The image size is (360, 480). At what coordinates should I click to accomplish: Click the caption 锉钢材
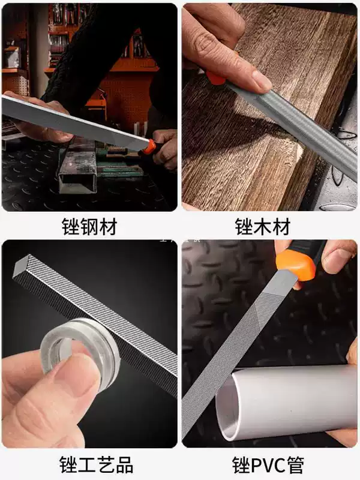pos(89,227)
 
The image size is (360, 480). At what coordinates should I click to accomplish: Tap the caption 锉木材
pos(262,227)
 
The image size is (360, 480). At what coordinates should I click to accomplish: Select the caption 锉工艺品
pos(96,464)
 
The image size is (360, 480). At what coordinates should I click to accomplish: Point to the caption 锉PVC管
pos(268,465)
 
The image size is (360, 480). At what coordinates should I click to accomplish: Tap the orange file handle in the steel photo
pos(149,146)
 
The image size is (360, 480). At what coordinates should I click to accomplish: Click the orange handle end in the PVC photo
pos(296,264)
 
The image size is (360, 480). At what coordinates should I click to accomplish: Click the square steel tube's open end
pos(77,183)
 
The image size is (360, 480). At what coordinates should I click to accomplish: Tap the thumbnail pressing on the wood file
pos(261,80)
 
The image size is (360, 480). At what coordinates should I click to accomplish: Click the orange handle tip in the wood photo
pos(215,78)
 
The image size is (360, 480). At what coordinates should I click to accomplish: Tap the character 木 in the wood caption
pos(262,227)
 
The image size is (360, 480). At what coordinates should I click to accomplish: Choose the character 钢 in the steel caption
pos(89,227)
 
